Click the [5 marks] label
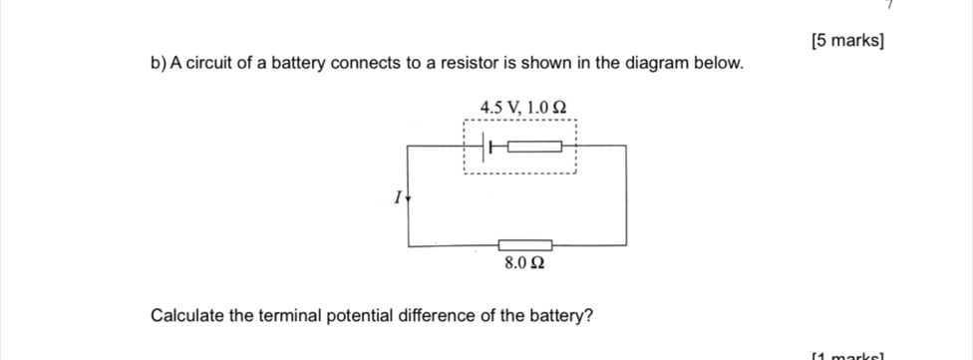847,40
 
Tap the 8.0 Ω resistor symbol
525,244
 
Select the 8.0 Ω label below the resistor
525,263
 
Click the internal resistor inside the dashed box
535,147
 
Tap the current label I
396,196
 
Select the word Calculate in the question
187,316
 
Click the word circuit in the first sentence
211,64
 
